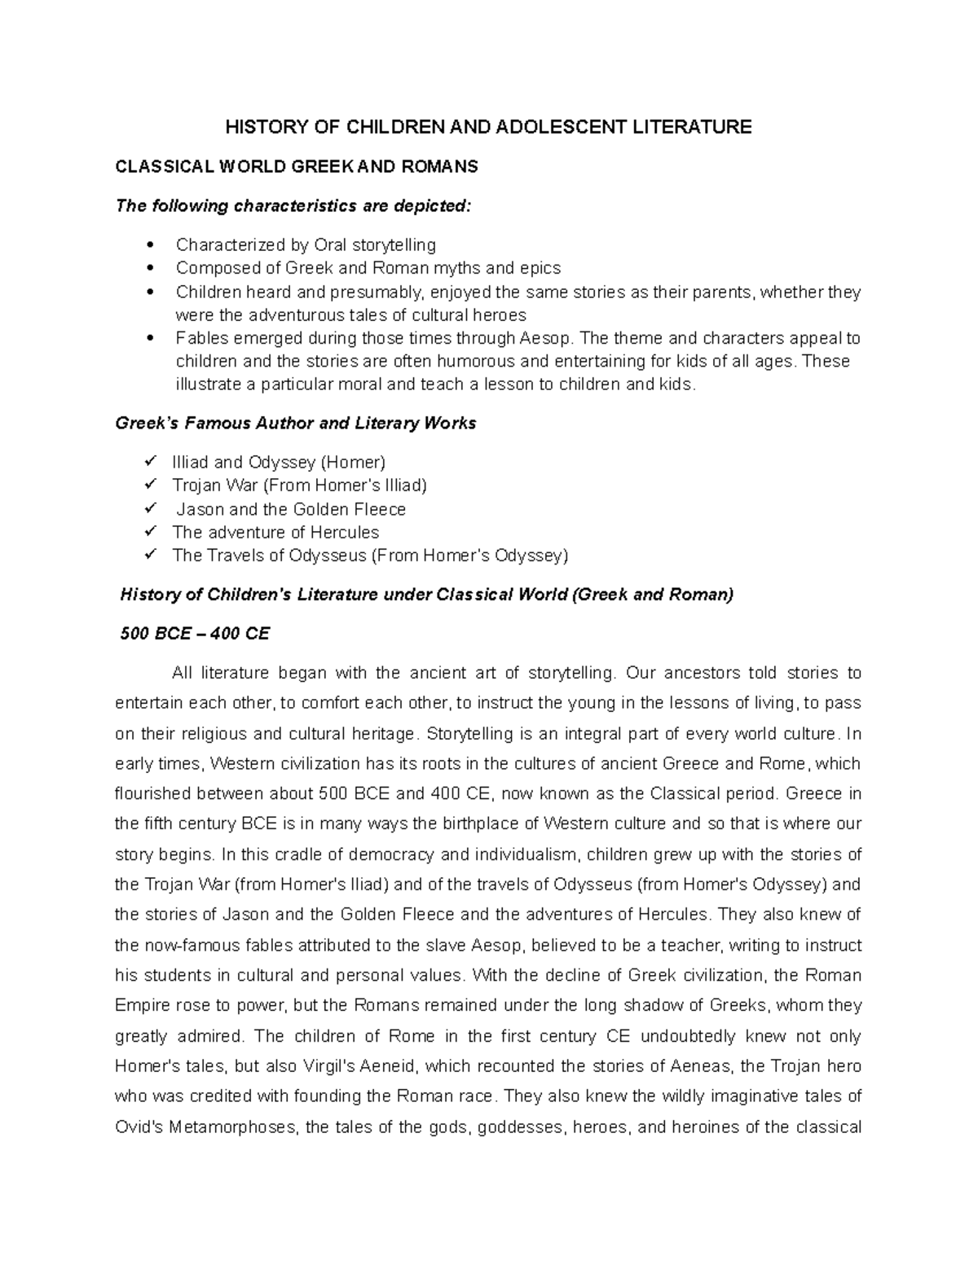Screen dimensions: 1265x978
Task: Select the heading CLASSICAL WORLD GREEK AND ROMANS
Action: pyautogui.click(x=297, y=167)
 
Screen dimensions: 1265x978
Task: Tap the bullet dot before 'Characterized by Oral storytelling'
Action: pyautogui.click(x=148, y=245)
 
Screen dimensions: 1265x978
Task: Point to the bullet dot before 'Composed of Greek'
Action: pyautogui.click(x=148, y=268)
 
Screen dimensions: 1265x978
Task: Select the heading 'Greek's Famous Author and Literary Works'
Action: pyautogui.click(x=296, y=424)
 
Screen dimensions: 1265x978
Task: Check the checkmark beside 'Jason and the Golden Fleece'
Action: pyautogui.click(x=149, y=508)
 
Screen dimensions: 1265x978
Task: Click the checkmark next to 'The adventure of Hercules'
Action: pyautogui.click(x=149, y=531)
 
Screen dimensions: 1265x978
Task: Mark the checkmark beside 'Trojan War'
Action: pyautogui.click(x=149, y=485)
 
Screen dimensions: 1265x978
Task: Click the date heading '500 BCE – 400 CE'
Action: pyautogui.click(x=195, y=633)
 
